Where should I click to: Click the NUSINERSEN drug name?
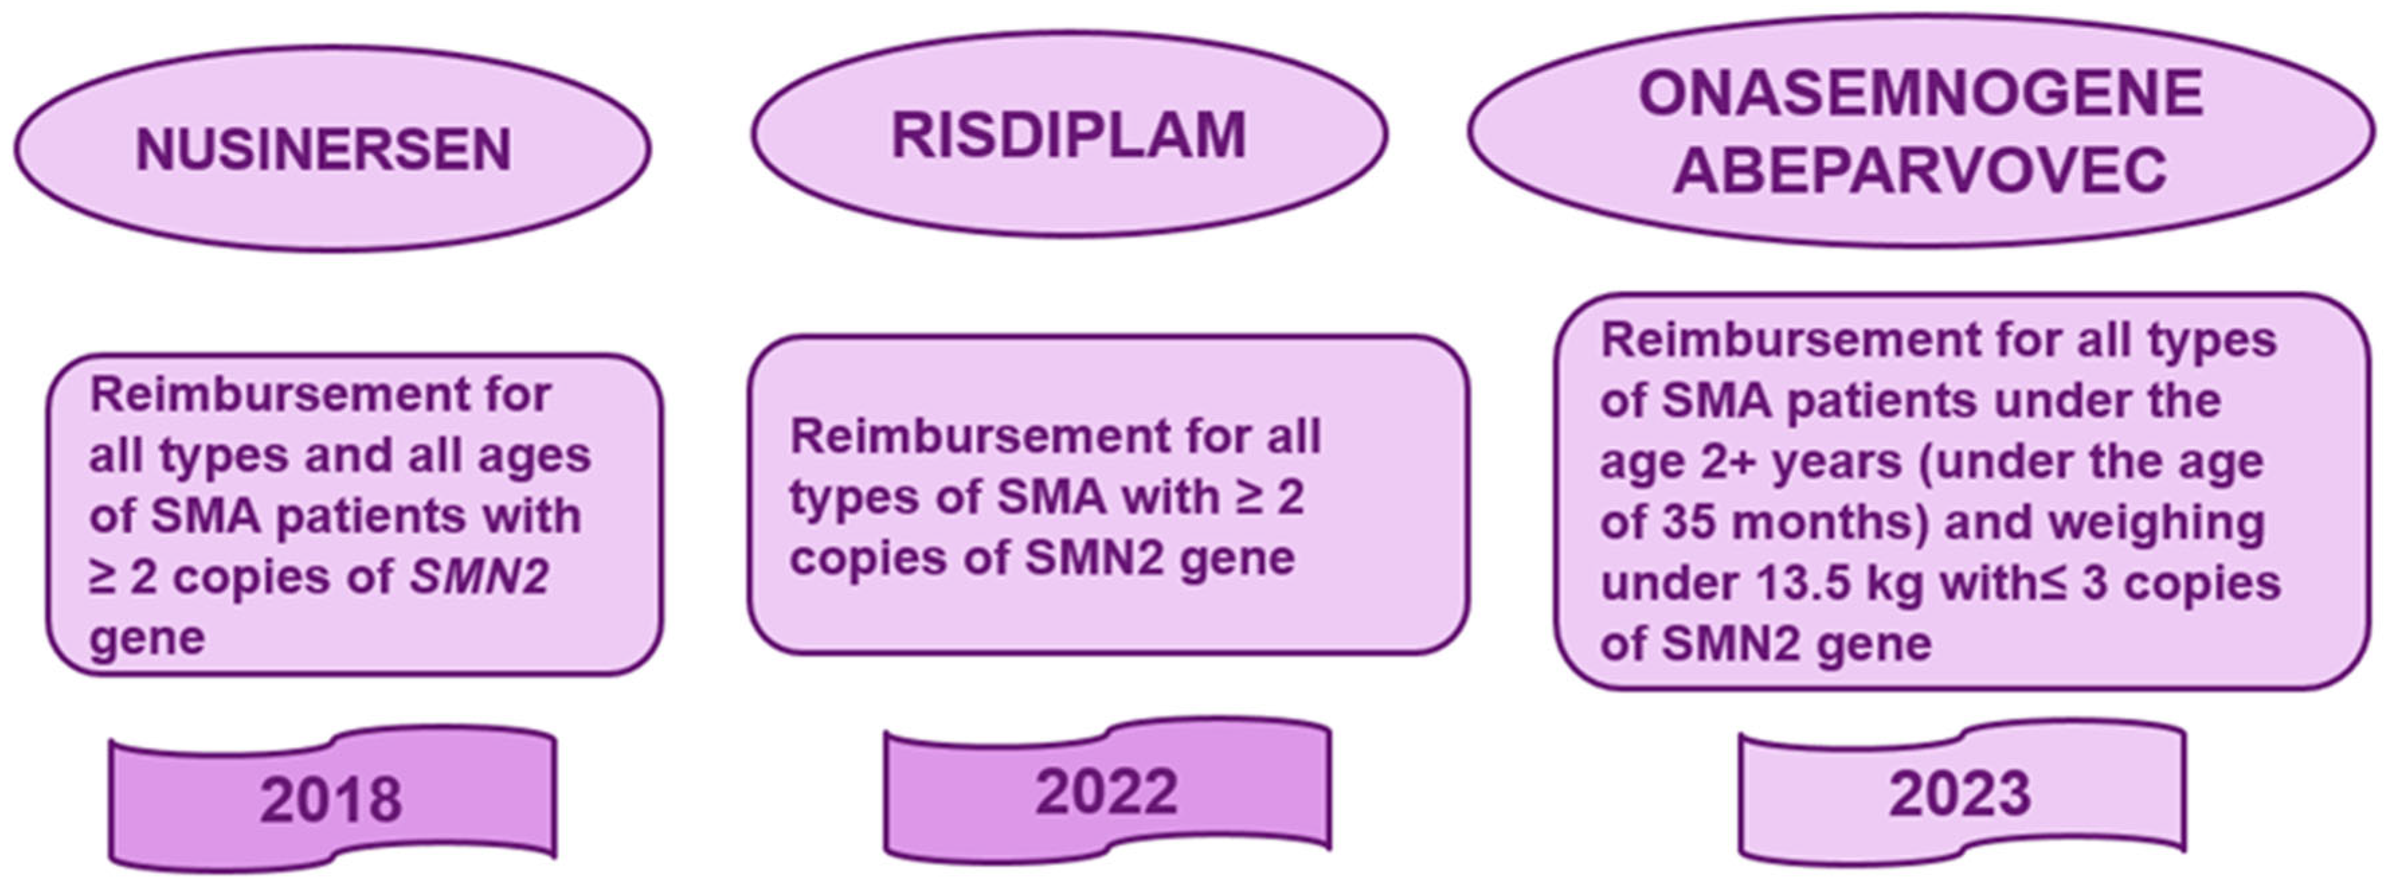[x=324, y=150]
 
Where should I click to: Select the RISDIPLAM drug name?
[x=1068, y=136]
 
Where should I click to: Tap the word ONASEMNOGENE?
[x=1920, y=95]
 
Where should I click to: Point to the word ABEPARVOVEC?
[x=1920, y=170]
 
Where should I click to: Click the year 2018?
[x=331, y=800]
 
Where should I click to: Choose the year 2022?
[x=1106, y=793]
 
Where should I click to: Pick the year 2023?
[x=1960, y=795]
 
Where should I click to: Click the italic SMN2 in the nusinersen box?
[x=479, y=578]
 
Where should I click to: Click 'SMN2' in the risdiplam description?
[x=1094, y=558]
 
